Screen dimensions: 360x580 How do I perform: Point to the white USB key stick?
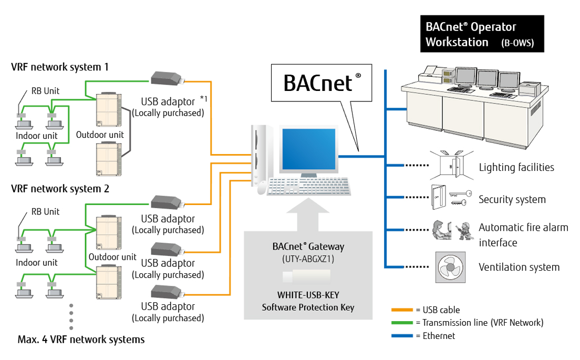[x=306, y=277]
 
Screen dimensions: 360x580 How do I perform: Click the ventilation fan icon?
[x=451, y=268]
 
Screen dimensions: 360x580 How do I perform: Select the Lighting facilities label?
[x=516, y=168]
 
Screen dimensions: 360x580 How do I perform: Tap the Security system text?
[x=512, y=200]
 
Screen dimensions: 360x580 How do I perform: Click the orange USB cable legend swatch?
[x=402, y=310]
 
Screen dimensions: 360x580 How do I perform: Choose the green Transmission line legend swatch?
[x=402, y=323]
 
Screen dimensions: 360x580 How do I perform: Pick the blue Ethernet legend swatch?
[x=402, y=336]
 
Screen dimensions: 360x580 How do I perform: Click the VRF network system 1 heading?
[x=60, y=67]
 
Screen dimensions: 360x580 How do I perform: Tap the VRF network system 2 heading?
[x=60, y=189]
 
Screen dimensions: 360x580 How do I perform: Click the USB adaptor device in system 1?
[x=167, y=79]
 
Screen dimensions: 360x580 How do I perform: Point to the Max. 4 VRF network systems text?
[x=81, y=340]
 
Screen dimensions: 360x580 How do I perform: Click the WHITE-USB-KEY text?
[x=308, y=295]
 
